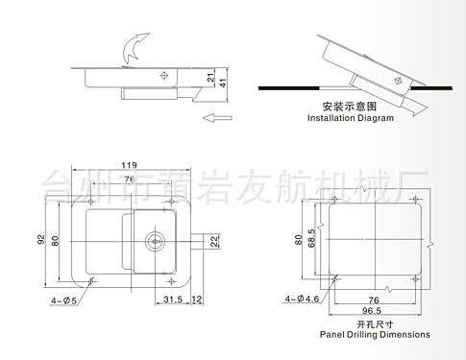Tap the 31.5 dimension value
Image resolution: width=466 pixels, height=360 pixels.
[x=173, y=300]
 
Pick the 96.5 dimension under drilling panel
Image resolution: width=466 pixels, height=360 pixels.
[x=370, y=312]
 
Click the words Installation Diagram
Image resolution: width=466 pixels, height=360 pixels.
[x=351, y=118]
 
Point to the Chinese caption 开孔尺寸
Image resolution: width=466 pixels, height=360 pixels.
[x=369, y=324]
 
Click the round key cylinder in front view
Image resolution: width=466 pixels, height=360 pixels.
[x=155, y=240]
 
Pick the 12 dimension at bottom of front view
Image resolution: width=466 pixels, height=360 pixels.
[x=196, y=300]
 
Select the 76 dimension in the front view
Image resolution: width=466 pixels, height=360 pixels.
[x=129, y=180]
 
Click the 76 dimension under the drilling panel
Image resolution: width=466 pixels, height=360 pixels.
[x=370, y=300]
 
